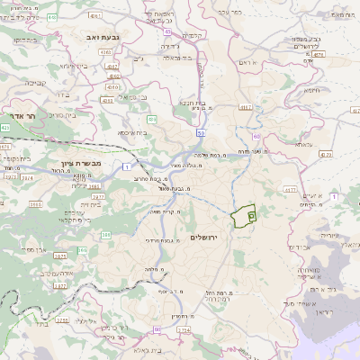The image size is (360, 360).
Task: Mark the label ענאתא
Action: tap(303, 145)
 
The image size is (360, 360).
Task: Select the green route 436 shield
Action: tap(153, 118)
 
